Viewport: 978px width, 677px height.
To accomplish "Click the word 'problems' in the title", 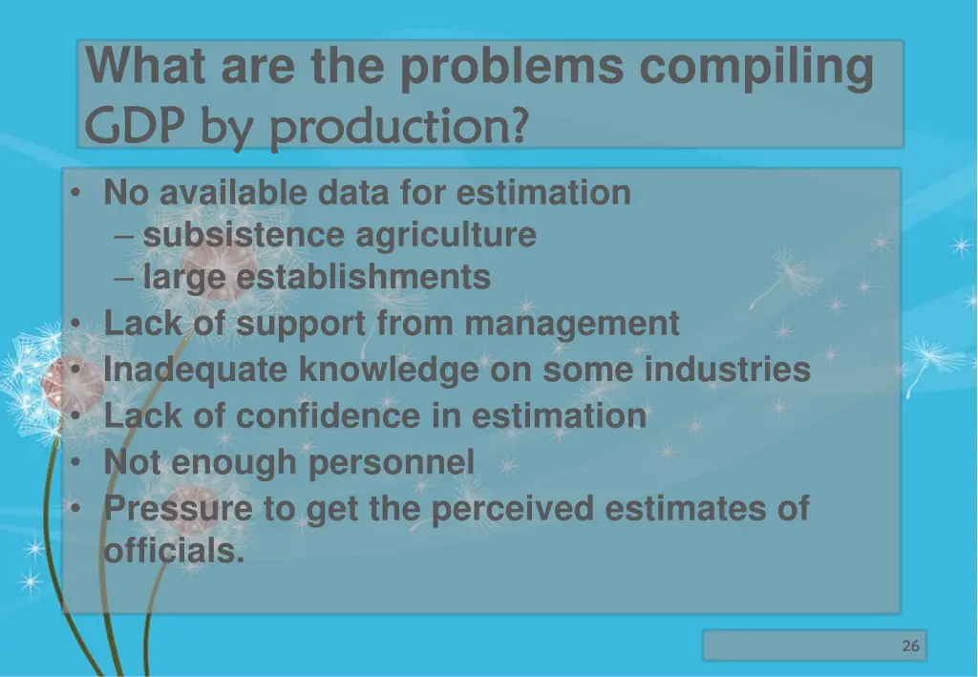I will coord(512,68).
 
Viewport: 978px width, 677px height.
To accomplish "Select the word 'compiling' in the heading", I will coord(755,68).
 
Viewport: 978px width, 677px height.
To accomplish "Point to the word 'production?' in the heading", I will coord(397,126).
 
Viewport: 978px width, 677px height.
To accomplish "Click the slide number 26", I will coord(910,646).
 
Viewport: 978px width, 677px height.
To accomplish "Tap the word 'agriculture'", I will coord(446,235).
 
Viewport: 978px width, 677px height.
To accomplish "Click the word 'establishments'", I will coord(364,278).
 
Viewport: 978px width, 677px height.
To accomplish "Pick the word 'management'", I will coord(572,324).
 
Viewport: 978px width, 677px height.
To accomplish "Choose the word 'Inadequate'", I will coord(196,369).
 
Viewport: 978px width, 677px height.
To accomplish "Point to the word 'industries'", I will coord(727,369).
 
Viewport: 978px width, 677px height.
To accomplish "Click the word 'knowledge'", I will coord(389,369).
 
